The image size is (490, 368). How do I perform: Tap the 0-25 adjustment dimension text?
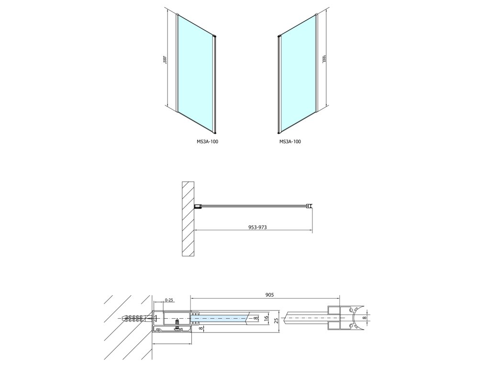click(x=168, y=300)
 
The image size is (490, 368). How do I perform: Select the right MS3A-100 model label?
click(x=290, y=141)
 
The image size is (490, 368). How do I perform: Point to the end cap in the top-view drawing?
click(x=311, y=207)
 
